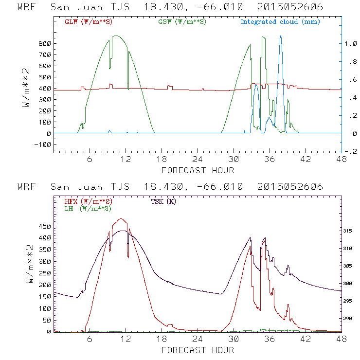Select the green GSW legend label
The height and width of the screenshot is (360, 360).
coord(182,22)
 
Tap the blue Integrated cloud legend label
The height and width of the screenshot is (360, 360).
coord(280,22)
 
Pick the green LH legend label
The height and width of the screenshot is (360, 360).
coord(88,208)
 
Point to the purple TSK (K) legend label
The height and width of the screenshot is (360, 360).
coord(163,201)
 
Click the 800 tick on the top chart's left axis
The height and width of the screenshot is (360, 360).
coord(44,43)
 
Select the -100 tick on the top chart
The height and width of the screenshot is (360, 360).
coord(43,144)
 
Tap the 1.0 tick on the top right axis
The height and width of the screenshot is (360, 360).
coord(350,43)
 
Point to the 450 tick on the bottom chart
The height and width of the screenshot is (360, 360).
coord(44,226)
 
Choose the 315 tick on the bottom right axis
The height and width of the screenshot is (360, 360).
coord(351,231)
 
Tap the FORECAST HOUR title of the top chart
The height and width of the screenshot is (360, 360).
coord(198,170)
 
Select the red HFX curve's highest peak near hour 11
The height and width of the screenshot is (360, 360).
coord(121,219)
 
